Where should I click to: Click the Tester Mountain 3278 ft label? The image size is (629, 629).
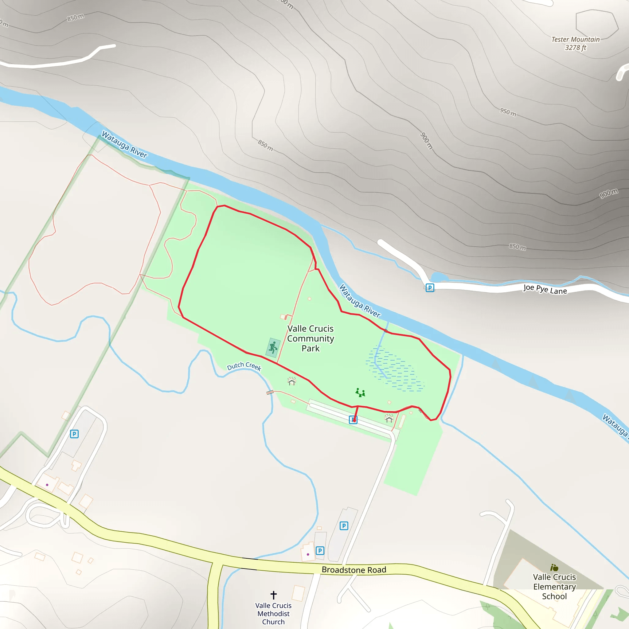(575, 43)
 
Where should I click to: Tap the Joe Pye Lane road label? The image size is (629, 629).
(545, 289)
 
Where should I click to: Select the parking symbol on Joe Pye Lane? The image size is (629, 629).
(430, 288)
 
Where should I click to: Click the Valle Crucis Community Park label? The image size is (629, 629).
(310, 338)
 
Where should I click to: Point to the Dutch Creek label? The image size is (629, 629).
(244, 366)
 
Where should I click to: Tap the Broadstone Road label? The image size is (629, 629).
(354, 570)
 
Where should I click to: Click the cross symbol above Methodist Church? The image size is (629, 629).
(273, 595)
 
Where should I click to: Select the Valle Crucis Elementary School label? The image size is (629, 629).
(554, 587)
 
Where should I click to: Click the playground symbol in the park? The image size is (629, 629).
(360, 393)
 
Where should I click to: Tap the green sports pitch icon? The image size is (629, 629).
(273, 347)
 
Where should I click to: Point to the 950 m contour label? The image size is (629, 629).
(508, 112)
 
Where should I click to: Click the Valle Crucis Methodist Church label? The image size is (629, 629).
(273, 614)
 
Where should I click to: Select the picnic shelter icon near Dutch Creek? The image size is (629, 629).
(292, 381)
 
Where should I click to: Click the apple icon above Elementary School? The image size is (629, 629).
(554, 568)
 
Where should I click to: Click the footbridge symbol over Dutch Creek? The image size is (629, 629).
(270, 392)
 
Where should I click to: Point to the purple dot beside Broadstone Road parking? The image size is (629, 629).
(308, 554)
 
